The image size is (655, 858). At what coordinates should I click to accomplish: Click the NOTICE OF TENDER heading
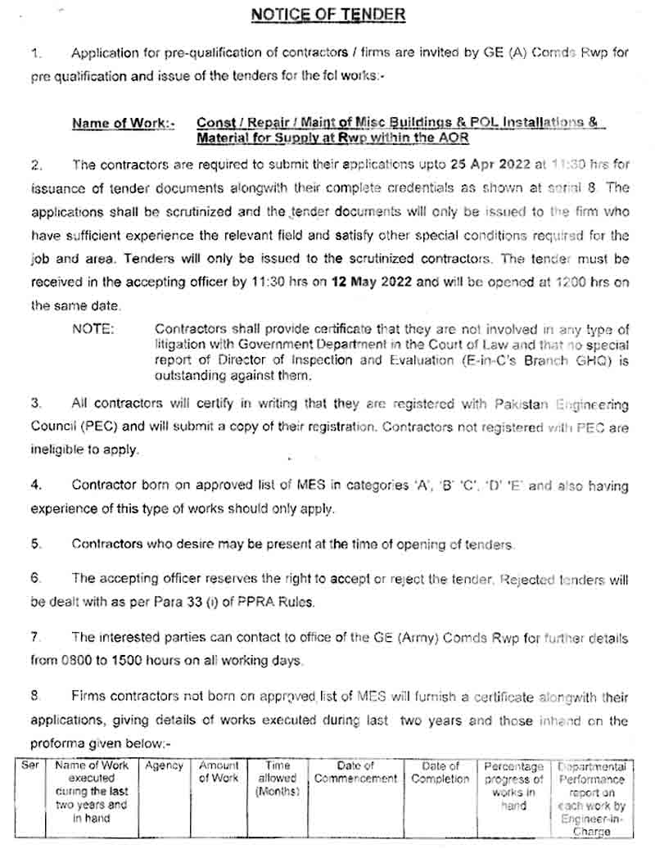327,15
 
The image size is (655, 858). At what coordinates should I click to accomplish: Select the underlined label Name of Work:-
123,124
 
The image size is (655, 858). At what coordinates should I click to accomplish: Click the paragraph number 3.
35,404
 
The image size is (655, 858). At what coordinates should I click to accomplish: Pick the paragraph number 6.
35,579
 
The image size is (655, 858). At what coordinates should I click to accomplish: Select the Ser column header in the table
30,767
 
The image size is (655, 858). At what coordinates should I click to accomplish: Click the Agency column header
164,767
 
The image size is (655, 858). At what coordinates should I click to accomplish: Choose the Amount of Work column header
219,773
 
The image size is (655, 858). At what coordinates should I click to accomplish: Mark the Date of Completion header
440,773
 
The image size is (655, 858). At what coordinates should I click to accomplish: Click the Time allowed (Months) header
278,779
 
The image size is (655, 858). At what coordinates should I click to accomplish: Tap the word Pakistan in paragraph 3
525,404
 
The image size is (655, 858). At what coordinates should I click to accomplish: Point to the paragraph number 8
35,696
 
